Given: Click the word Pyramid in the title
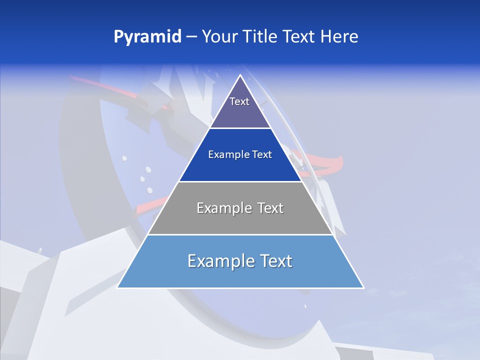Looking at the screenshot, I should click(x=147, y=37).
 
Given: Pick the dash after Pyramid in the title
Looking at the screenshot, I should click(x=191, y=37).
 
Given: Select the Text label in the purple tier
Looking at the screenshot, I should click(x=239, y=101).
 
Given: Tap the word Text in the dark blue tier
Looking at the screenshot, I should click(x=262, y=155).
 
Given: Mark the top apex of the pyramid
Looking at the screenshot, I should click(x=240, y=75).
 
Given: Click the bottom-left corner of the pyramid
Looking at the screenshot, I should click(x=118, y=287).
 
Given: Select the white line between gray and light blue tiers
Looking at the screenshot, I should click(x=240, y=234).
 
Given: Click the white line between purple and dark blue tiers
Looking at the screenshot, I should click(x=240, y=128).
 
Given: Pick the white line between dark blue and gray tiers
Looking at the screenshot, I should click(x=240, y=181).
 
